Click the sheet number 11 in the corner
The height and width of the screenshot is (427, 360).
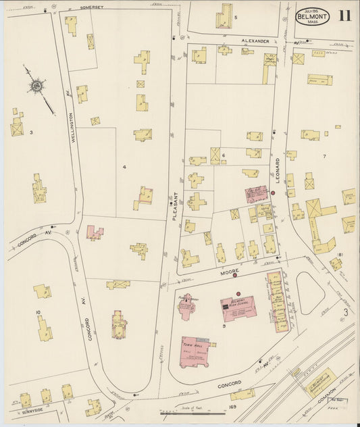point(344,16)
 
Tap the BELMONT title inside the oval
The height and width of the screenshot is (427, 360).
point(312,18)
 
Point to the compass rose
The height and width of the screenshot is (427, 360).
point(36,86)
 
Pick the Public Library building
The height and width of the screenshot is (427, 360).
point(187,305)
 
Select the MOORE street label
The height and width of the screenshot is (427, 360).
point(228,269)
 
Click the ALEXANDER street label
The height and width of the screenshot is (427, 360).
point(256,41)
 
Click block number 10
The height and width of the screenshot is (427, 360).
point(38,312)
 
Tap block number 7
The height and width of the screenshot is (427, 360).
point(324,157)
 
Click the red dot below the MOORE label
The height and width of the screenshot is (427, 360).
point(235,275)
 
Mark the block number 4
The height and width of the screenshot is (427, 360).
point(124,166)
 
